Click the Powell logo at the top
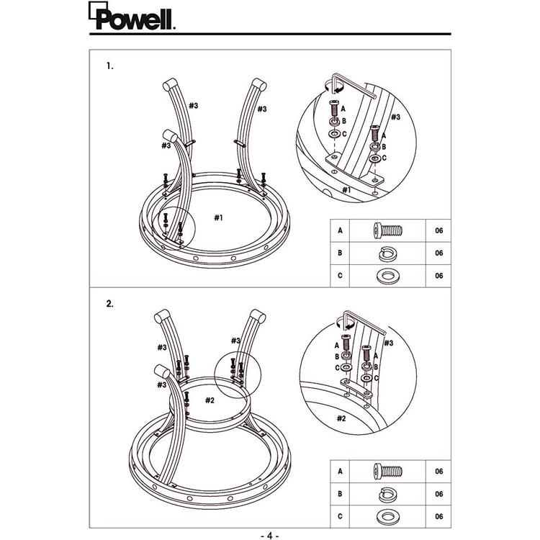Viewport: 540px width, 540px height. click(132, 16)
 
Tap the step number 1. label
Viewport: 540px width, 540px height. click(110, 66)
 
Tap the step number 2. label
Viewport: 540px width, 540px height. click(110, 304)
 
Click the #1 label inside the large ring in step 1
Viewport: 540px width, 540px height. click(219, 217)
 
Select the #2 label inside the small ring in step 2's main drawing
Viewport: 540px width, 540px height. click(210, 400)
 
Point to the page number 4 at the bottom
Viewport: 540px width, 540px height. click(270, 536)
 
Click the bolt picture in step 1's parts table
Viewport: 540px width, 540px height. click(388, 230)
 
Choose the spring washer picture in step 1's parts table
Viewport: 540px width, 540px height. click(388, 253)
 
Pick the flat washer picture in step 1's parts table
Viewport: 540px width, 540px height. click(388, 276)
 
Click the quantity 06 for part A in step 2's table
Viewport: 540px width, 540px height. click(438, 471)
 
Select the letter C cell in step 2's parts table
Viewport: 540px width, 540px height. click(340, 516)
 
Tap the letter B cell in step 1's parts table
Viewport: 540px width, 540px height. click(340, 253)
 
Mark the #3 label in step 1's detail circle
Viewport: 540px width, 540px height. click(396, 117)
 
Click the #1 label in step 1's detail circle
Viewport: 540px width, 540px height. click(346, 190)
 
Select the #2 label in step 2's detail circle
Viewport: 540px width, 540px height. click(341, 418)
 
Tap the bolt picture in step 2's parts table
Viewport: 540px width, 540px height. click(388, 471)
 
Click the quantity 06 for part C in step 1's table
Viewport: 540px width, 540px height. click(438, 276)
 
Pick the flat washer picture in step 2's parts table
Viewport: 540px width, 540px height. click(388, 517)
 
